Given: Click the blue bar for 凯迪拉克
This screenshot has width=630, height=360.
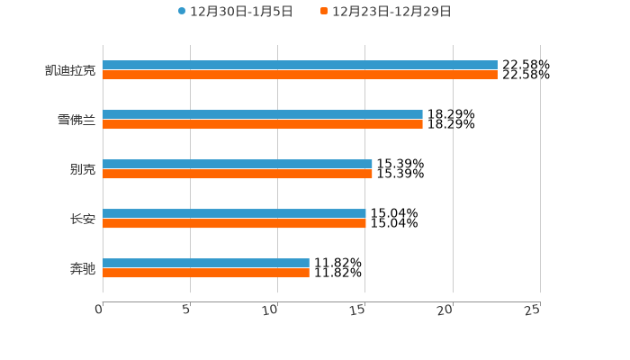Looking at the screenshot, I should tap(300, 66).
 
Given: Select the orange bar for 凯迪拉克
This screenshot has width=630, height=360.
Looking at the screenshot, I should tap(300, 76).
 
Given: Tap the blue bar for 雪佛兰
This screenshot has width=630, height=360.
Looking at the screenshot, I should tap(263, 115).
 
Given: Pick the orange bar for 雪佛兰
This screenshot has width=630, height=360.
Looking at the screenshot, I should tap(263, 125).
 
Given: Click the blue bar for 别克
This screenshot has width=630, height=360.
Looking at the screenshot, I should tap(238, 165).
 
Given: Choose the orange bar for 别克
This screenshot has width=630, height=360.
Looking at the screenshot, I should tap(238, 175).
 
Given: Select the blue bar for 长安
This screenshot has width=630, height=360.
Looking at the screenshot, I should tap(234, 214).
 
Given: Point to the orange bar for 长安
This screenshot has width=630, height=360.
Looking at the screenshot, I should tap(234, 224).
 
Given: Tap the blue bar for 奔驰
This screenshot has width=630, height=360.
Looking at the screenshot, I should tap(206, 264).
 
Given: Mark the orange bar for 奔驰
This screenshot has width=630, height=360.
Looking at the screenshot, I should tap(206, 274).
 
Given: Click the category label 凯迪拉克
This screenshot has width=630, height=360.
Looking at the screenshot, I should tap(70, 70).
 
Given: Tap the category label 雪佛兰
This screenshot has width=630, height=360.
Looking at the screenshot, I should tap(76, 120).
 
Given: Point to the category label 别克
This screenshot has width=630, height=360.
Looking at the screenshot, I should tap(83, 169).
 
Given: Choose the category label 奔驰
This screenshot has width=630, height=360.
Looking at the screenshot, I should tap(83, 268).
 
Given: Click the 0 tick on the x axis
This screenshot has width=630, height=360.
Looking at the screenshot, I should tap(100, 310).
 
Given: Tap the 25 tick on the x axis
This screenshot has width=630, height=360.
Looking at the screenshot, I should tap(533, 310).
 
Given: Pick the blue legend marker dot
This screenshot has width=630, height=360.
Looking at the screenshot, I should tap(182, 12).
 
